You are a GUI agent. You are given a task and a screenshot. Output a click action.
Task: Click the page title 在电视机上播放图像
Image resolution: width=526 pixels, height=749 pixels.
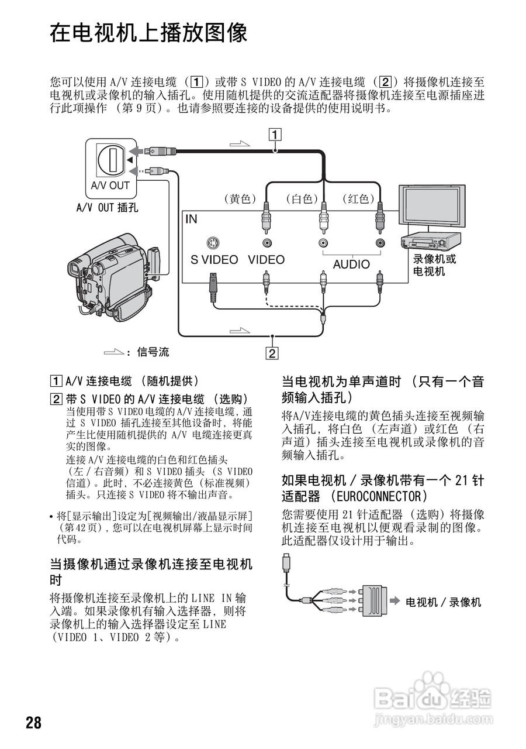click(148, 33)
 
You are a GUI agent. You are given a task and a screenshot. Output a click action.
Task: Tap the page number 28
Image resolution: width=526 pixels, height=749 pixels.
click(34, 723)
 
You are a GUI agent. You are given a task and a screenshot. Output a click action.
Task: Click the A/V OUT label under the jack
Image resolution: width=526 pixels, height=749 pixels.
click(110, 185)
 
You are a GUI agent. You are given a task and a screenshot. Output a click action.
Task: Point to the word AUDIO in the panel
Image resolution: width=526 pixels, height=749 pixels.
click(351, 264)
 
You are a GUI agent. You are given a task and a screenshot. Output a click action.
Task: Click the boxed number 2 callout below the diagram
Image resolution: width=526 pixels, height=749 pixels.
click(272, 353)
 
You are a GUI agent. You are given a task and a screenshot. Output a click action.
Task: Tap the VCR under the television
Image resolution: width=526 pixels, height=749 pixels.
click(430, 240)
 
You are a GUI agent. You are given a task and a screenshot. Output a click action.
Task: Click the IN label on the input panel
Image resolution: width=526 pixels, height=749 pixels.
click(192, 219)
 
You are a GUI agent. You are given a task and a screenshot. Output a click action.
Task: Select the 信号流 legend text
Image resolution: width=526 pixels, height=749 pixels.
click(153, 352)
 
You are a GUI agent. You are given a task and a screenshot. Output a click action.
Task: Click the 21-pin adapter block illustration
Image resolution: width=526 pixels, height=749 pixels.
click(372, 601)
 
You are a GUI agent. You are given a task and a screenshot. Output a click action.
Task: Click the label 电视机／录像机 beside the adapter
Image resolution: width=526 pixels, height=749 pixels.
click(444, 602)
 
